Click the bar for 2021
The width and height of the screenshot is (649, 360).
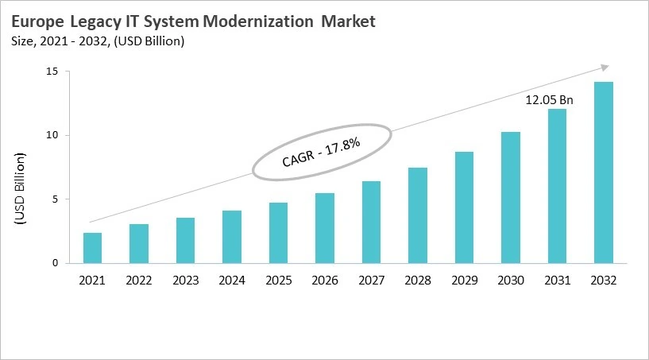tap(92, 248)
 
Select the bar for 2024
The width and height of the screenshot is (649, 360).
tap(232, 237)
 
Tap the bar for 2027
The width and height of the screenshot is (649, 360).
tap(371, 222)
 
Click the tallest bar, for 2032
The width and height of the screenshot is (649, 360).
tap(603, 172)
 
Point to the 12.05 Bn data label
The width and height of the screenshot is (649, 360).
tap(549, 100)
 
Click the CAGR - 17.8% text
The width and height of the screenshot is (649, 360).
tap(322, 151)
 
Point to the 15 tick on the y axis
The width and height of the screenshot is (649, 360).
tap(55, 72)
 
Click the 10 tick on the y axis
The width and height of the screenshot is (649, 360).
tap(55, 135)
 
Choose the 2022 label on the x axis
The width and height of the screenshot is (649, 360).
tap(139, 280)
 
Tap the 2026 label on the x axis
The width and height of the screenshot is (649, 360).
tap(325, 280)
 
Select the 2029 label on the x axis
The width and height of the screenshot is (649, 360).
tap(464, 280)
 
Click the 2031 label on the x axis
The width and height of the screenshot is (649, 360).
tap(557, 280)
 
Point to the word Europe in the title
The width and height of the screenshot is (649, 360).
tap(36, 22)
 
